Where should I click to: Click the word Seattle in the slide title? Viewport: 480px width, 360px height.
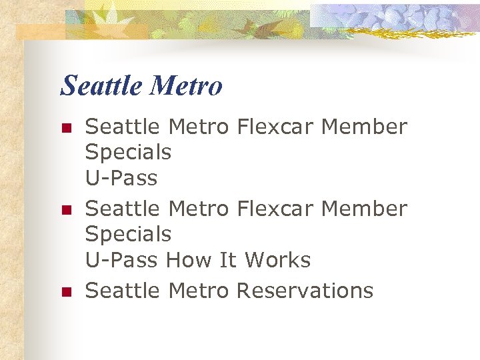tap(101, 86)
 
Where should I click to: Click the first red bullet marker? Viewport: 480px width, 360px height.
tap(65, 127)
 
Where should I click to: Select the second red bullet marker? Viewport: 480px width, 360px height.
tap(65, 209)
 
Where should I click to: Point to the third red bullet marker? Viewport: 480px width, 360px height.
tap(65, 291)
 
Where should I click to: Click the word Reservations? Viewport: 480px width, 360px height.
tap(305, 291)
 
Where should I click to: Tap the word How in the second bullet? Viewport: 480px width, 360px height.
tap(187, 260)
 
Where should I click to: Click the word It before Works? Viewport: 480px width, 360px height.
tap(228, 260)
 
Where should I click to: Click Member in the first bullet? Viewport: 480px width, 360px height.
tap(363, 127)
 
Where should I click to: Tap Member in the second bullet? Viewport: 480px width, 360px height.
tap(363, 209)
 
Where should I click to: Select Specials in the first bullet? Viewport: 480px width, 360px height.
tap(128, 153)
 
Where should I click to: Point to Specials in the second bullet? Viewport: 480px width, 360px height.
tap(128, 235)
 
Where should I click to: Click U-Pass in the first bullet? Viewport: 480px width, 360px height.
tap(121, 178)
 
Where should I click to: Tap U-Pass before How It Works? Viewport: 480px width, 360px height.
tap(121, 260)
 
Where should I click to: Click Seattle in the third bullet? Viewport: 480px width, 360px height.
tap(123, 291)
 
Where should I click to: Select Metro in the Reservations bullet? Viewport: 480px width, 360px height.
tap(199, 291)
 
